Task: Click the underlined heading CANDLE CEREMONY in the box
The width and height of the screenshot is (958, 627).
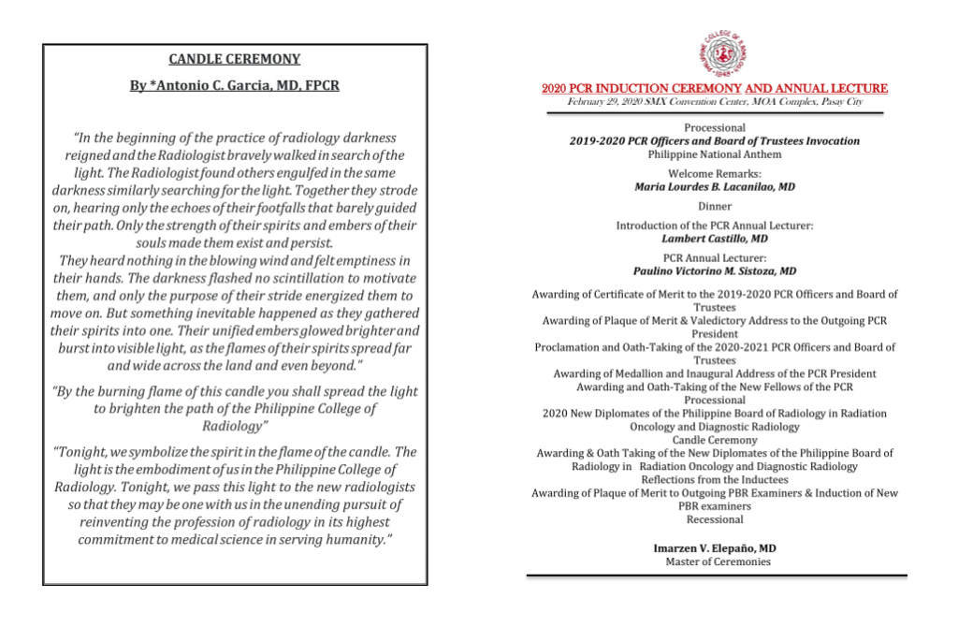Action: coord(234,59)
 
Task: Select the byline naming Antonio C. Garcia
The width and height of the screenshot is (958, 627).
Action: coord(234,85)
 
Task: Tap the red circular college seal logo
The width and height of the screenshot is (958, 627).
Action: coord(715,54)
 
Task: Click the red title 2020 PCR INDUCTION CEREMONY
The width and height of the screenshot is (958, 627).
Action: coord(715,89)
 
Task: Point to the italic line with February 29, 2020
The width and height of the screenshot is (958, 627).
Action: coord(715,101)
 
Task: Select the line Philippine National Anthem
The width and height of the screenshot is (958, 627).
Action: coord(715,154)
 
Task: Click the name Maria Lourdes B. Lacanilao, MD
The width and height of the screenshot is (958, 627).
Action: coord(715,187)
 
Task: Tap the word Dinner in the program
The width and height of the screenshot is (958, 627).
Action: coord(715,206)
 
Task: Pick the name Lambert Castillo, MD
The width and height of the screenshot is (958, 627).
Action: coord(715,239)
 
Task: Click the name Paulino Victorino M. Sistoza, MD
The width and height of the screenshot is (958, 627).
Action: coord(715,271)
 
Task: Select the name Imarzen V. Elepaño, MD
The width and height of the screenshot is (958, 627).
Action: coord(715,548)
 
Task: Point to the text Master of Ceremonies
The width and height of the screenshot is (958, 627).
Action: coord(715,561)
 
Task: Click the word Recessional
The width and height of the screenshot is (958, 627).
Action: coord(715,519)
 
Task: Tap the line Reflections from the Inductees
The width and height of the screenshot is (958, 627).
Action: coord(715,479)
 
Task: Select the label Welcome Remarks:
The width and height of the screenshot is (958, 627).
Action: coord(715,174)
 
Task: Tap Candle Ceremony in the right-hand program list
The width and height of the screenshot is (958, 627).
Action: coord(715,440)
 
